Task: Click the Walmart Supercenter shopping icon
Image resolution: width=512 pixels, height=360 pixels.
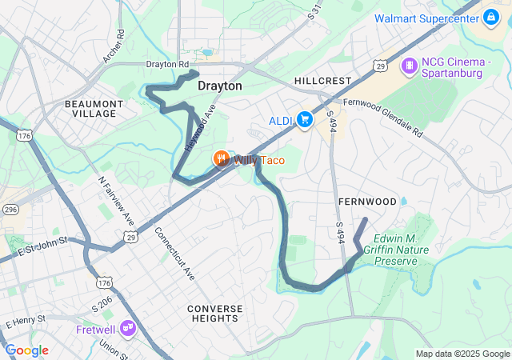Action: pos(490,17)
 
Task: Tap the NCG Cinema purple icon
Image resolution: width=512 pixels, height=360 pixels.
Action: pos(409,64)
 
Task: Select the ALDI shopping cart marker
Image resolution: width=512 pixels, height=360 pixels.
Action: pos(304,120)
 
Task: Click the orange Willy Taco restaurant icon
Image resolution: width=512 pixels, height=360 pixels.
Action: pos(222,159)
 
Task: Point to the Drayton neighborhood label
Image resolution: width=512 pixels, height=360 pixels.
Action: pos(220,86)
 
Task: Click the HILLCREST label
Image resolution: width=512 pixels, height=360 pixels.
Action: pos(322,82)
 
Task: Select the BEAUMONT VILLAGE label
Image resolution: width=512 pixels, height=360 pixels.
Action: pos(94,109)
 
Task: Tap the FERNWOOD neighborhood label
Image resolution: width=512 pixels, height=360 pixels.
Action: pos(367,201)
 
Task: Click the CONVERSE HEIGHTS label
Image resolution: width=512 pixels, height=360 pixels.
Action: pos(214,313)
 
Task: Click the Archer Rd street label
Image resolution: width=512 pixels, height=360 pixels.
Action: pos(114,46)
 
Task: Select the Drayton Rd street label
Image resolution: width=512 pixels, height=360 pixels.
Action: pos(167,64)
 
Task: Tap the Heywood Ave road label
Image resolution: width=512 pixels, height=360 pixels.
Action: pos(200,128)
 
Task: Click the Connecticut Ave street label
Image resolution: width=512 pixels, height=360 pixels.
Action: pos(175,253)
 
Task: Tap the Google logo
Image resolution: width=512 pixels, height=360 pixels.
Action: pos(26,350)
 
